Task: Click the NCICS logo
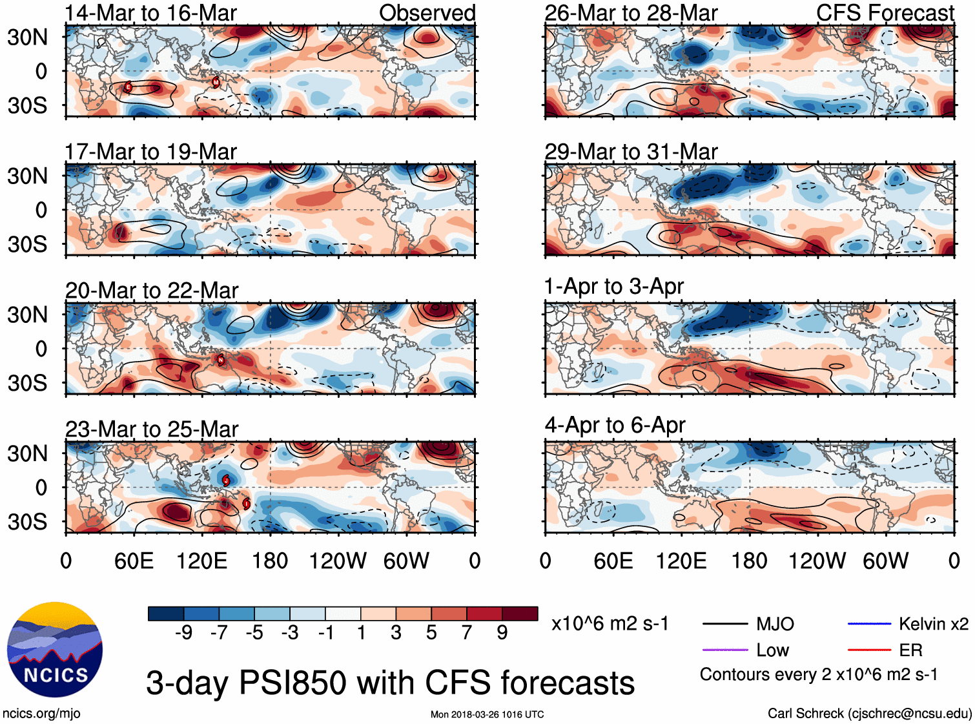click(55, 650)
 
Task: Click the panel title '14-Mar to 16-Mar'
click(150, 13)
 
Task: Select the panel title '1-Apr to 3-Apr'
click(613, 286)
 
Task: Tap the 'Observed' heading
click(427, 13)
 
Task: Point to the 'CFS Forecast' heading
click(885, 13)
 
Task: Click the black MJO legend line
click(724, 625)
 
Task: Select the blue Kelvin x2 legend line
click(869, 624)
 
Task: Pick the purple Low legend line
click(724, 650)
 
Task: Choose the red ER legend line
click(869, 650)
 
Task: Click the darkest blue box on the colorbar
click(166, 614)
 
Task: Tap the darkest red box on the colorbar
click(520, 614)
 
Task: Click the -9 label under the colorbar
click(183, 633)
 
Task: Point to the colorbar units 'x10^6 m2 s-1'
click(610, 624)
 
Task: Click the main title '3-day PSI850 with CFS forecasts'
click(390, 683)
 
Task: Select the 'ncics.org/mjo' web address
click(41, 714)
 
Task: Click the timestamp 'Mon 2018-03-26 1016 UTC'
click(487, 714)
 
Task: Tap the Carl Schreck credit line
click(869, 714)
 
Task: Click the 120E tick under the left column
click(202, 561)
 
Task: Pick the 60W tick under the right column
click(885, 561)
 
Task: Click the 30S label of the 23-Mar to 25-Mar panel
click(27, 522)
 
